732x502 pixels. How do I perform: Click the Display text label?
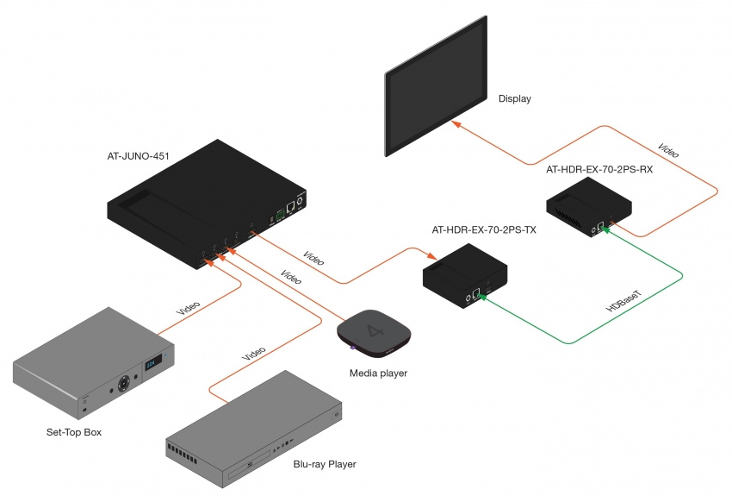[514, 99]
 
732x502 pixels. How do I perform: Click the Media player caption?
[378, 373]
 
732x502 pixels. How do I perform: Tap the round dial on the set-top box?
[127, 380]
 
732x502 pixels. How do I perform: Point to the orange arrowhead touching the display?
[457, 125]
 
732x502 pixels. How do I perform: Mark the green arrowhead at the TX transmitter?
[484, 298]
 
